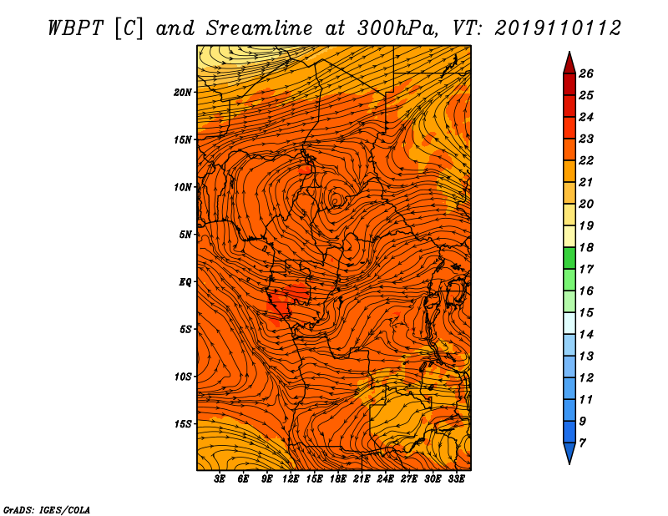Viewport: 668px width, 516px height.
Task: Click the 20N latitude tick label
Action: [183, 93]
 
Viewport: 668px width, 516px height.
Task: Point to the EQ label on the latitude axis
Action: [185, 282]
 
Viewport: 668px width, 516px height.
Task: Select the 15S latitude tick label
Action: [183, 424]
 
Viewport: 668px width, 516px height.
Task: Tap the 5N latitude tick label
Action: [185, 235]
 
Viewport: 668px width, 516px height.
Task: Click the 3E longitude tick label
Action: [220, 479]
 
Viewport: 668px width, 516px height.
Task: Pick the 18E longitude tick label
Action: [338, 479]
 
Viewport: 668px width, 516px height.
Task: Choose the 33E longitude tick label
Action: [456, 479]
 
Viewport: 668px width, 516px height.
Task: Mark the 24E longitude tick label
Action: [385, 479]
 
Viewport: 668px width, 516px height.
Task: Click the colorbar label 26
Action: [586, 73]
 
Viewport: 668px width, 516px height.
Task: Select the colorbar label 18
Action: [586, 247]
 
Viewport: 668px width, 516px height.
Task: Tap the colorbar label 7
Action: [582, 443]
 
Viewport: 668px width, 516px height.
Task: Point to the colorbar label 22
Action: [586, 160]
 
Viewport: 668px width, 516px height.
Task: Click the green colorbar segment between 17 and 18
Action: [569, 258]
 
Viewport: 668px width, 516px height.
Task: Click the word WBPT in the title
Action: [76, 28]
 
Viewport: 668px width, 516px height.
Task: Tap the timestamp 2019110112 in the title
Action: [558, 28]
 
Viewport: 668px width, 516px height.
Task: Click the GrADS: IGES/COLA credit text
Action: [47, 510]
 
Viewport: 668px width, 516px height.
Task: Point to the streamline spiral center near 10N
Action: [336, 200]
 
